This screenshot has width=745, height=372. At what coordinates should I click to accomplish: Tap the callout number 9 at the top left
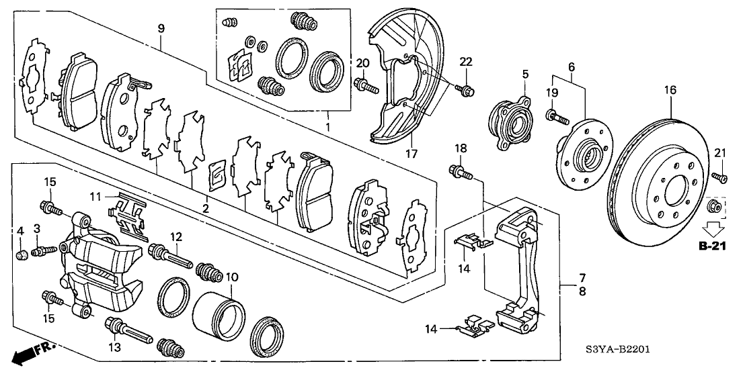(x=161, y=28)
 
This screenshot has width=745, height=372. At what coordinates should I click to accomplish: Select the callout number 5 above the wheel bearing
(x=525, y=75)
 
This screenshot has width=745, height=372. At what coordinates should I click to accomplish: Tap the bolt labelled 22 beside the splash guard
(x=465, y=89)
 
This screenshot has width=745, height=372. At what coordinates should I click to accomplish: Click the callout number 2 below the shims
(x=205, y=210)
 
